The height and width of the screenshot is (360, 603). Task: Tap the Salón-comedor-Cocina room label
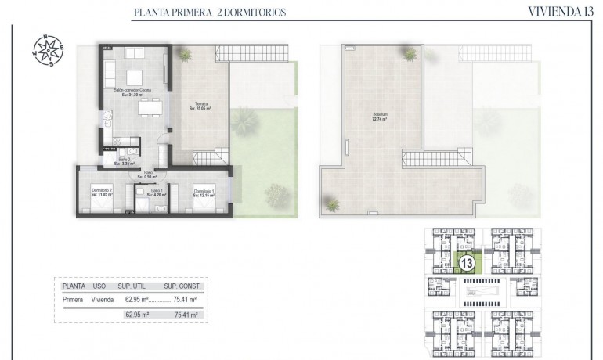point(132,90)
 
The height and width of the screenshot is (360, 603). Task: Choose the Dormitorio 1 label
point(203,190)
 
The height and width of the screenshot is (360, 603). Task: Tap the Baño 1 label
point(157,190)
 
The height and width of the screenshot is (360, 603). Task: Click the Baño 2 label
point(124,160)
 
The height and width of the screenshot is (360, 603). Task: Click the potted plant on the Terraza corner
point(186,55)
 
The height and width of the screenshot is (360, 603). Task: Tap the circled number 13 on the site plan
point(467,264)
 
